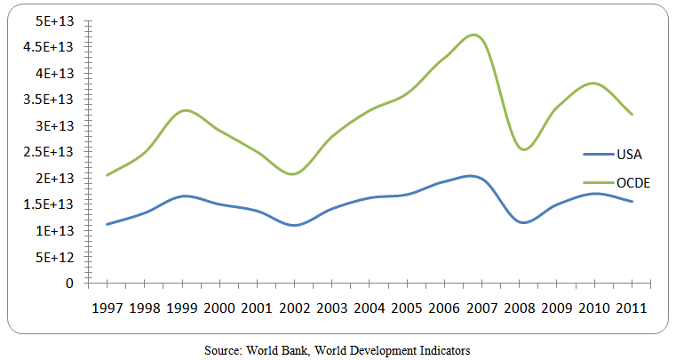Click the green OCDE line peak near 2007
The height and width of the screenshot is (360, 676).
click(x=474, y=36)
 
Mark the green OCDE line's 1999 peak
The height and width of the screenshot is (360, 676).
click(x=183, y=110)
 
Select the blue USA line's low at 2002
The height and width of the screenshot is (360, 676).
click(x=293, y=226)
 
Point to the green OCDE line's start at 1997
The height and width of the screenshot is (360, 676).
click(x=107, y=175)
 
